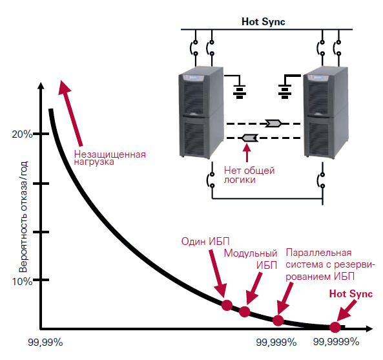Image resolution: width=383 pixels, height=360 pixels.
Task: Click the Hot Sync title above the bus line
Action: (x=263, y=21)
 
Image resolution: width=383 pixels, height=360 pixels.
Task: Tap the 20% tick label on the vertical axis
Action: (x=22, y=134)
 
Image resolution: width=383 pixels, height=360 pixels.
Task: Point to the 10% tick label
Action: (x=22, y=282)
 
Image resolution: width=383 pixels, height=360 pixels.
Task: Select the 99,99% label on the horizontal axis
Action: (x=45, y=343)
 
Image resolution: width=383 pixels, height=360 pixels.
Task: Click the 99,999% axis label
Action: (x=276, y=343)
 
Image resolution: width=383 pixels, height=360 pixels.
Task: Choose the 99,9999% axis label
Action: (x=336, y=342)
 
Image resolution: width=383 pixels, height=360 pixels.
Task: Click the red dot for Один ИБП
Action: (x=227, y=305)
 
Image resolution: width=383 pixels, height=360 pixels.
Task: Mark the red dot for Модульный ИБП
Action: (x=245, y=312)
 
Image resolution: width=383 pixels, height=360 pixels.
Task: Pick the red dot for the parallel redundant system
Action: (x=278, y=321)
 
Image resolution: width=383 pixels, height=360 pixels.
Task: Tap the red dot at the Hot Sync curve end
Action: (x=335, y=327)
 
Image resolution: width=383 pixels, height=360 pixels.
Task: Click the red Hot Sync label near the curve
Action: (x=351, y=294)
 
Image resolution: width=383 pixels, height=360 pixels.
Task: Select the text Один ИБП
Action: (x=205, y=242)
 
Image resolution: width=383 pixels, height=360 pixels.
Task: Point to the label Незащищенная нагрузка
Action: (x=110, y=158)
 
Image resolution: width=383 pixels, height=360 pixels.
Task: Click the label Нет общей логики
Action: (x=249, y=175)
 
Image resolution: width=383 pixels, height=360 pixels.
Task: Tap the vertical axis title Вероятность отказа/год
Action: (x=23, y=217)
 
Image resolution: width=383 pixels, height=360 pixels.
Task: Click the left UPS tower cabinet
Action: (x=201, y=112)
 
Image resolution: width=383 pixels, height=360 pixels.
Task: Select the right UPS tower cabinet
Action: (x=326, y=112)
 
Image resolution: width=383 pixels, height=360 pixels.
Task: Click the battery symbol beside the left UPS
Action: (x=239, y=92)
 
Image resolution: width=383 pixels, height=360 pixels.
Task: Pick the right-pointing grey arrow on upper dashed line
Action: (x=273, y=123)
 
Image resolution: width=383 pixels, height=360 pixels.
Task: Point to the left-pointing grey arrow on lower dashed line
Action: (x=250, y=138)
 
